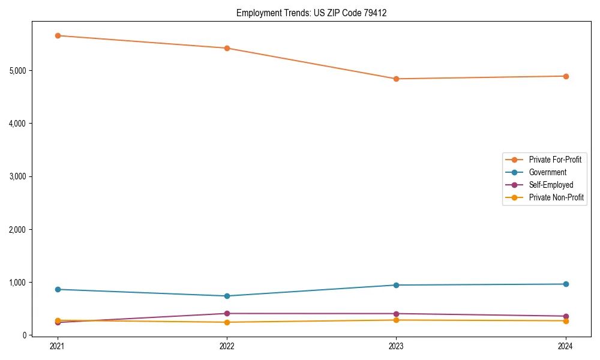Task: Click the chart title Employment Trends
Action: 311,13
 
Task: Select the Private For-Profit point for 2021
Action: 58,35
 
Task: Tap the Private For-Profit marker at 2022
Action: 227,48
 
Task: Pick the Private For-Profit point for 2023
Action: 396,79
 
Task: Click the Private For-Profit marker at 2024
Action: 565,76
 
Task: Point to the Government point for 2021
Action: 58,289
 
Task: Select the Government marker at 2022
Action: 227,296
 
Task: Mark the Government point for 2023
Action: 396,285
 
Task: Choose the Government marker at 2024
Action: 565,284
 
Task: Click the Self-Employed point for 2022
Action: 227,313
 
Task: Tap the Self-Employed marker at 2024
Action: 565,316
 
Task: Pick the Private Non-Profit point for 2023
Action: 396,320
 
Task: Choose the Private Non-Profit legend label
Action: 556,197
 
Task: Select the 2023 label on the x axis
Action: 396,346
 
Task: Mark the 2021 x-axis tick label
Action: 58,346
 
